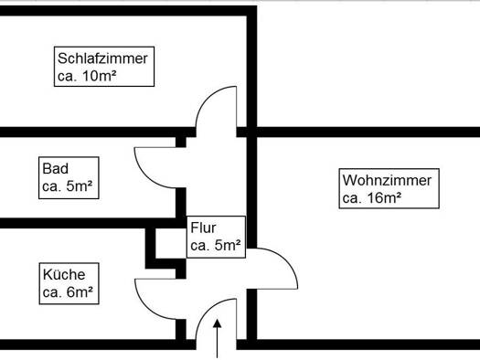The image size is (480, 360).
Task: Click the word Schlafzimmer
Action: (102, 58)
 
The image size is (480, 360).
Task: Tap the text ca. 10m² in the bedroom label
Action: (87, 76)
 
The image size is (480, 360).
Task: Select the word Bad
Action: (55, 169)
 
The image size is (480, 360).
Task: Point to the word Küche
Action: (64, 274)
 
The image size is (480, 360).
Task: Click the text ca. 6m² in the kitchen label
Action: (68, 292)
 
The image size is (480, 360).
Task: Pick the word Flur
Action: (203, 228)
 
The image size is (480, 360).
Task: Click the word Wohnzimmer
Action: (387, 180)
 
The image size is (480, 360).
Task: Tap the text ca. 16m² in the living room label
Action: (372, 198)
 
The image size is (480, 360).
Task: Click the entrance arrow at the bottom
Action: (218, 338)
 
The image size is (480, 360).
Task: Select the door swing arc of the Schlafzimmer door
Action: (208, 99)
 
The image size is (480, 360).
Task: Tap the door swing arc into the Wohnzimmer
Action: (285, 260)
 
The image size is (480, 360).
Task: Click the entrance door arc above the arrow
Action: (208, 311)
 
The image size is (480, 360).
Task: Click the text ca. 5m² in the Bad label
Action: (68, 186)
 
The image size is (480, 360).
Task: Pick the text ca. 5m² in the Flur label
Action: (216, 245)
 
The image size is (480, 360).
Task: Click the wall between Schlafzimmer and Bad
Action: (98, 132)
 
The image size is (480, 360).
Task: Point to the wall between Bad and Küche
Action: (91, 223)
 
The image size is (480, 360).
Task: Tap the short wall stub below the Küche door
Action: (181, 330)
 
